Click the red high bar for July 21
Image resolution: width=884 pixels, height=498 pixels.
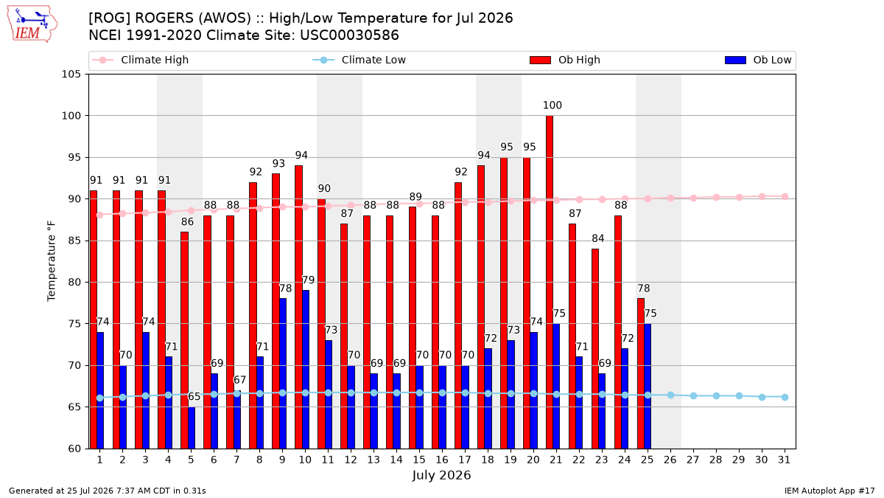pyautogui.click(x=550, y=282)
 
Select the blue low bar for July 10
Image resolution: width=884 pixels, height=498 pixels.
pyautogui.click(x=306, y=370)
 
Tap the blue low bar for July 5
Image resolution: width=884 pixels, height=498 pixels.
pyautogui.click(x=192, y=428)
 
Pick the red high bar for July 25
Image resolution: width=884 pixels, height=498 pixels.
pyautogui.click(x=640, y=373)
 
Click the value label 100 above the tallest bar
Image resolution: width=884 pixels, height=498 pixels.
pyautogui.click(x=552, y=105)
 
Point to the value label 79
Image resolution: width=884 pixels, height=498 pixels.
pyautogui.click(x=308, y=280)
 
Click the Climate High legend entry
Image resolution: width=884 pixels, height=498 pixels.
pyautogui.click(x=141, y=60)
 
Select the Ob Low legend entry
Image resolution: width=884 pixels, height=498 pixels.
pyautogui.click(x=758, y=60)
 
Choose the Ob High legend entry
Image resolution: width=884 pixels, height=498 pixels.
pyautogui.click(x=565, y=60)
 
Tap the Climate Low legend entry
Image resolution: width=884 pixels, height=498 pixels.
pyautogui.click(x=359, y=60)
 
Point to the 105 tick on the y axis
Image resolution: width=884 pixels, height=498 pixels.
pyautogui.click(x=71, y=75)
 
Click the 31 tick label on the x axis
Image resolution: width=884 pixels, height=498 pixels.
pyautogui.click(x=784, y=460)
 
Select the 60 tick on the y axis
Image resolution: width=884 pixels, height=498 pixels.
pyautogui.click(x=74, y=449)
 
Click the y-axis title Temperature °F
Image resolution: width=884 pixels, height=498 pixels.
pyautogui.click(x=52, y=261)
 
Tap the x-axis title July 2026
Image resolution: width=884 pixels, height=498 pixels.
pyautogui.click(x=441, y=475)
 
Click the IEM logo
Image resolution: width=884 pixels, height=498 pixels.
pyautogui.click(x=32, y=24)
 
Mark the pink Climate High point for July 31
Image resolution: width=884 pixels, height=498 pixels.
pyautogui.click(x=785, y=197)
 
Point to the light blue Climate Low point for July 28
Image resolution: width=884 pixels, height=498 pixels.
pyautogui.click(x=716, y=395)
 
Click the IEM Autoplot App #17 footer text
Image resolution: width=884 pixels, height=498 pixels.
pyautogui.click(x=829, y=491)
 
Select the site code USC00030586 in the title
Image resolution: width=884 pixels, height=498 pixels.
pyautogui.click(x=349, y=35)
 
